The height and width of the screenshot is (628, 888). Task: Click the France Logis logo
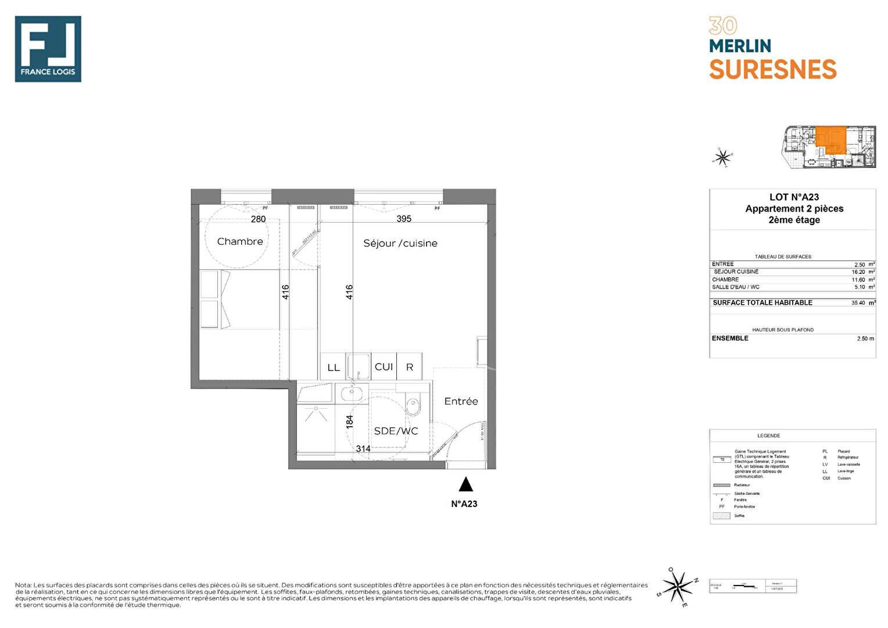[x=48, y=49]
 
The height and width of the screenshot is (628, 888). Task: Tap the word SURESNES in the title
[x=772, y=70]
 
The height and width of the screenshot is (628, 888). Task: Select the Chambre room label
[x=239, y=241]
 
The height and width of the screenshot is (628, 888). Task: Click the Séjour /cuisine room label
[x=400, y=243]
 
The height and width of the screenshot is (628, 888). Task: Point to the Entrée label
[x=461, y=401]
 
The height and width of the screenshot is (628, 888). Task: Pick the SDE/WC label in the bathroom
[x=396, y=431]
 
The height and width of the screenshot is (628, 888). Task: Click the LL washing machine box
[x=333, y=367]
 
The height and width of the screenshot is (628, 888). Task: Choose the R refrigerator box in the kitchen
[x=410, y=367]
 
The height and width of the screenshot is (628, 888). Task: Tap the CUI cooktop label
[x=384, y=367]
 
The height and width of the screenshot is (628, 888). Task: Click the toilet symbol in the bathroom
[x=413, y=405]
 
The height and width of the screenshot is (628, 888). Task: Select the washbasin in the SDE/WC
[x=352, y=394]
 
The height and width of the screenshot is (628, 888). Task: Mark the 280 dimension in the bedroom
[x=258, y=219]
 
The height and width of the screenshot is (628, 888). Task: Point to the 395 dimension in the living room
[x=404, y=219]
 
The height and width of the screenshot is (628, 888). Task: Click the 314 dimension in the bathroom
[x=363, y=448]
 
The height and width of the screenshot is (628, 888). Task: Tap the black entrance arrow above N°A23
[x=466, y=484]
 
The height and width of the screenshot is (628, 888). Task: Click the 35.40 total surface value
[x=858, y=303]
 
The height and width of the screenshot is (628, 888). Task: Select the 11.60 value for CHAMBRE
[x=858, y=280]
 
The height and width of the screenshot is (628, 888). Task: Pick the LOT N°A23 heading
[x=794, y=197]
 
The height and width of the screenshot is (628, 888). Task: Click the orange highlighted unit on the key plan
[x=830, y=138]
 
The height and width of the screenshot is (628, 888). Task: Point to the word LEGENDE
[x=768, y=436]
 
